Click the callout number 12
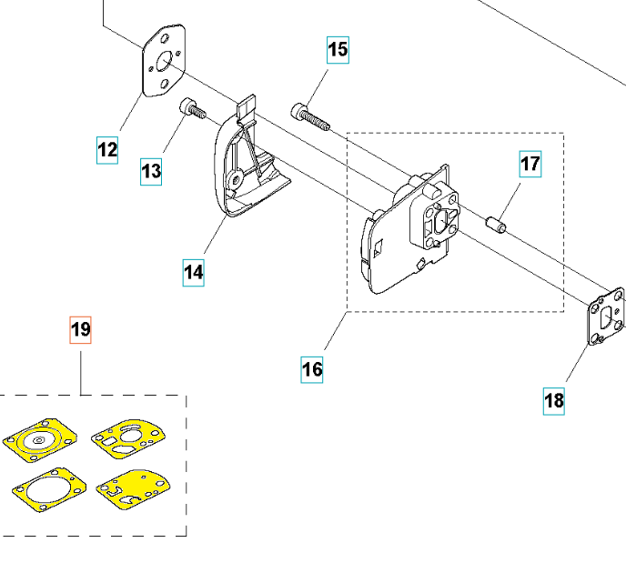click(107, 149)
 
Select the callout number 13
click(151, 170)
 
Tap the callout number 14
click(194, 271)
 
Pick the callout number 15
click(338, 49)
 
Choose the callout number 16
click(312, 369)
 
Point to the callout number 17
click(530, 165)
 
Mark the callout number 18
click(554, 399)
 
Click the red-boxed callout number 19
click(81, 329)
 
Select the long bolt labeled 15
click(308, 116)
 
